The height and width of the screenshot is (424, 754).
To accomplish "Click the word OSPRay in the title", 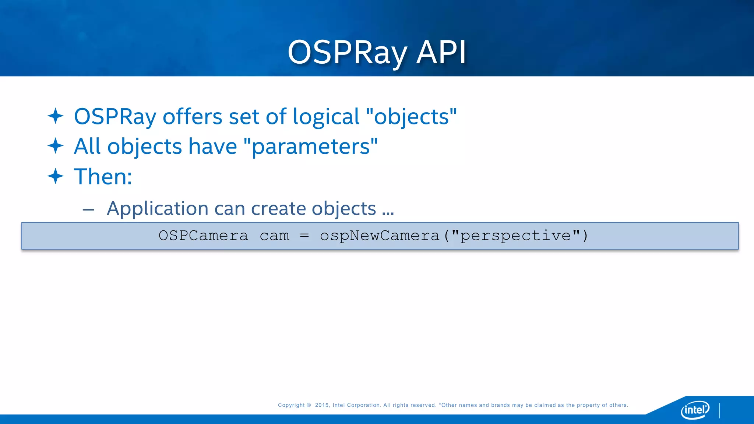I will coord(347,53).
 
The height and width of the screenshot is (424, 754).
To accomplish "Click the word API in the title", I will coord(441,53).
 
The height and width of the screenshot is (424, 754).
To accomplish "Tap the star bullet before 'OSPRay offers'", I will coord(56,116).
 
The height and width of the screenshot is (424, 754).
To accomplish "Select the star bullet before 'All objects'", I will coord(56,146).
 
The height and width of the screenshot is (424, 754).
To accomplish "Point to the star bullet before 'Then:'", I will coord(56,176).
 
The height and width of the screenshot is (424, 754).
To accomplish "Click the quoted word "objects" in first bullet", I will coord(411,117).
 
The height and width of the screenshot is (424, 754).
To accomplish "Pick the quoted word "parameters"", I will coord(311,146).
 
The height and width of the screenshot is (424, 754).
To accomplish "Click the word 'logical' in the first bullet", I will coord(326,117).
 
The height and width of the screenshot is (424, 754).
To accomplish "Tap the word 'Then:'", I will coord(103,177).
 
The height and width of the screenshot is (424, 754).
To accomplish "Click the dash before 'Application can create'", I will coord(88,210).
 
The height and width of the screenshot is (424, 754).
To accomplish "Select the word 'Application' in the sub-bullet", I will coord(157,209).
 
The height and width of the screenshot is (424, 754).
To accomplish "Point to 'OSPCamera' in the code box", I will coord(203,236).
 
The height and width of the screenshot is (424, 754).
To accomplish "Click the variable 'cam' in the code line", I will coord(274,236).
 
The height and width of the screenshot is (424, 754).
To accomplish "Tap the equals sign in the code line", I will coord(304,236).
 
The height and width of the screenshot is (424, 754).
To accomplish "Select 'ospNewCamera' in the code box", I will coord(380,236).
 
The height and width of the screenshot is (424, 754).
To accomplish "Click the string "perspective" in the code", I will coord(515,236).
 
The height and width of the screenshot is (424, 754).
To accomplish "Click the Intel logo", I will coord(695,409).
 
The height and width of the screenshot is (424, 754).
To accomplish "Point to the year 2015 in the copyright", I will coord(322,405).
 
